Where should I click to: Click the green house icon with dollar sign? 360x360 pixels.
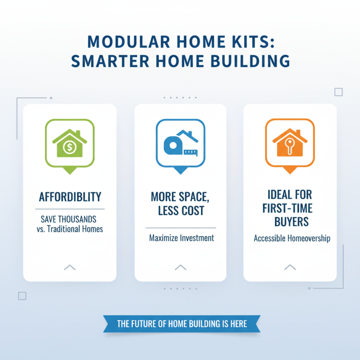coord(70,143)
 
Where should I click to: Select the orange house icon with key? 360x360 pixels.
coord(290,143)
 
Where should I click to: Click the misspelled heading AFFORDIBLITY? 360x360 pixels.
coord(70,197)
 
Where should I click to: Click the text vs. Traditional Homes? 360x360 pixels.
coord(70,229)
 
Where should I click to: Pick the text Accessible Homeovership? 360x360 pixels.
coord(292,238)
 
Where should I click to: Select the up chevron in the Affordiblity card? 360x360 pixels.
coord(70,267)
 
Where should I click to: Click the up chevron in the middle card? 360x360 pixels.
coord(180,267)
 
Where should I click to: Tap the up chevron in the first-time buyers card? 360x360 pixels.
coord(290,267)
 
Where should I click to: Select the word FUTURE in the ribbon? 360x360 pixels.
coord(147,324)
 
